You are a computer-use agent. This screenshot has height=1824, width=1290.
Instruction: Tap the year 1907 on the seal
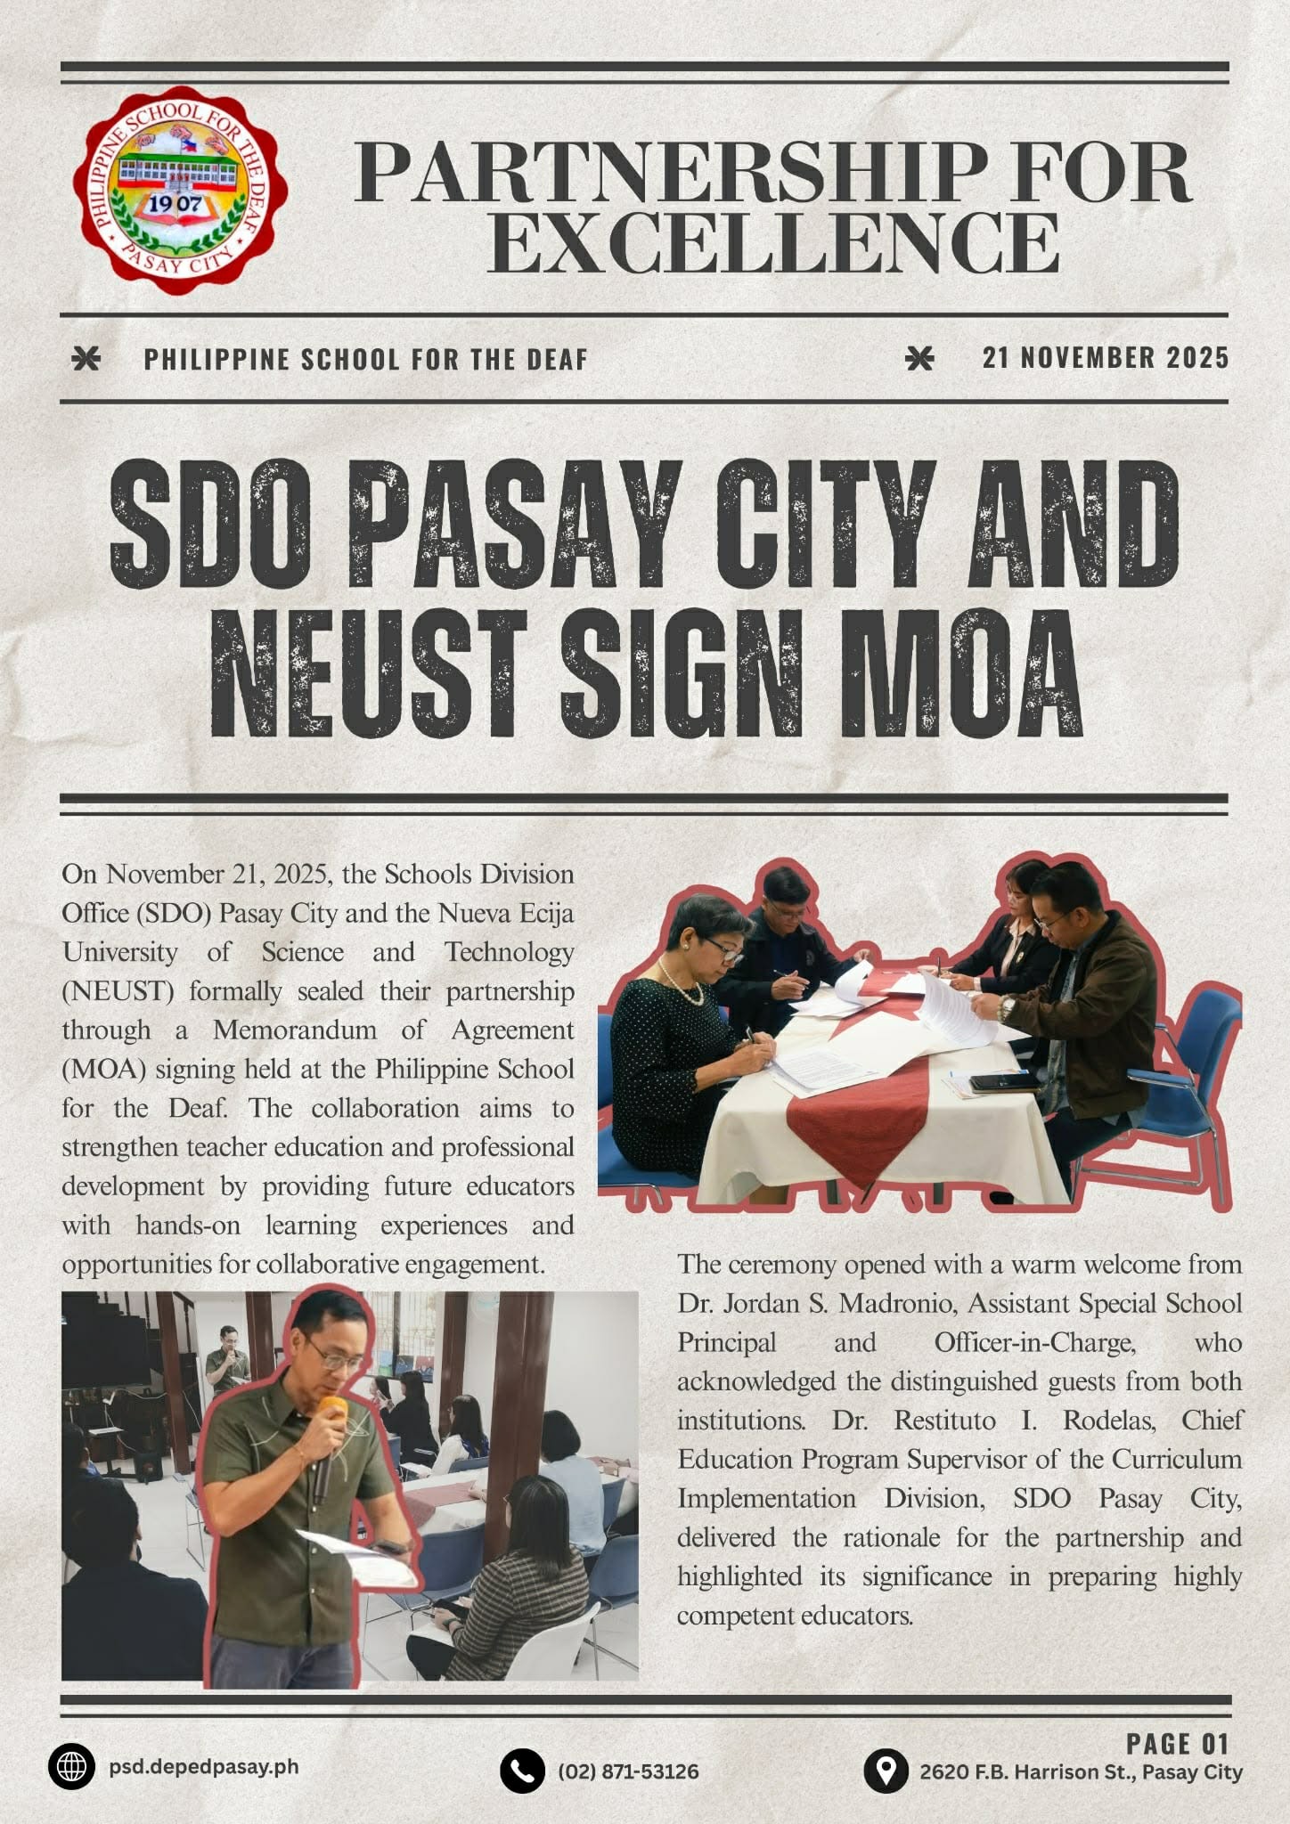click(175, 204)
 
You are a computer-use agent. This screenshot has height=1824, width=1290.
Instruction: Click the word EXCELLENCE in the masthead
click(773, 243)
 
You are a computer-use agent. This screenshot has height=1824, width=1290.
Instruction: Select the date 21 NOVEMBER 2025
click(1106, 358)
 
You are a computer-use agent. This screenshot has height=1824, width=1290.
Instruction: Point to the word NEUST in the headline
click(365, 674)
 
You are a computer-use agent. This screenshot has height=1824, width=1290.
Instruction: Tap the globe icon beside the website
click(71, 1766)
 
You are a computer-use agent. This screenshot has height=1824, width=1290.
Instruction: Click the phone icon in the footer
click(522, 1771)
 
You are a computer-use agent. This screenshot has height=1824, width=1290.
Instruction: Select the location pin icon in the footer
click(886, 1771)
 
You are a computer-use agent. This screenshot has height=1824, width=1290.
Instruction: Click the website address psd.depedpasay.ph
click(204, 1767)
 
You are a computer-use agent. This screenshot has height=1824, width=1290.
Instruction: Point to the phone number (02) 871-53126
click(628, 1771)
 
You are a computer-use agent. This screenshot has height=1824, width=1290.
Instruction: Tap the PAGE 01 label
click(1177, 1743)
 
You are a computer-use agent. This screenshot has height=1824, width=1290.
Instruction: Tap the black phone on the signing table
click(1003, 1083)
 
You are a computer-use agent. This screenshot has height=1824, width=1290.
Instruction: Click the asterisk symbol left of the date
click(919, 358)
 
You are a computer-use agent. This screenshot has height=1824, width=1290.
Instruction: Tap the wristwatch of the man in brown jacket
click(1006, 1008)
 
